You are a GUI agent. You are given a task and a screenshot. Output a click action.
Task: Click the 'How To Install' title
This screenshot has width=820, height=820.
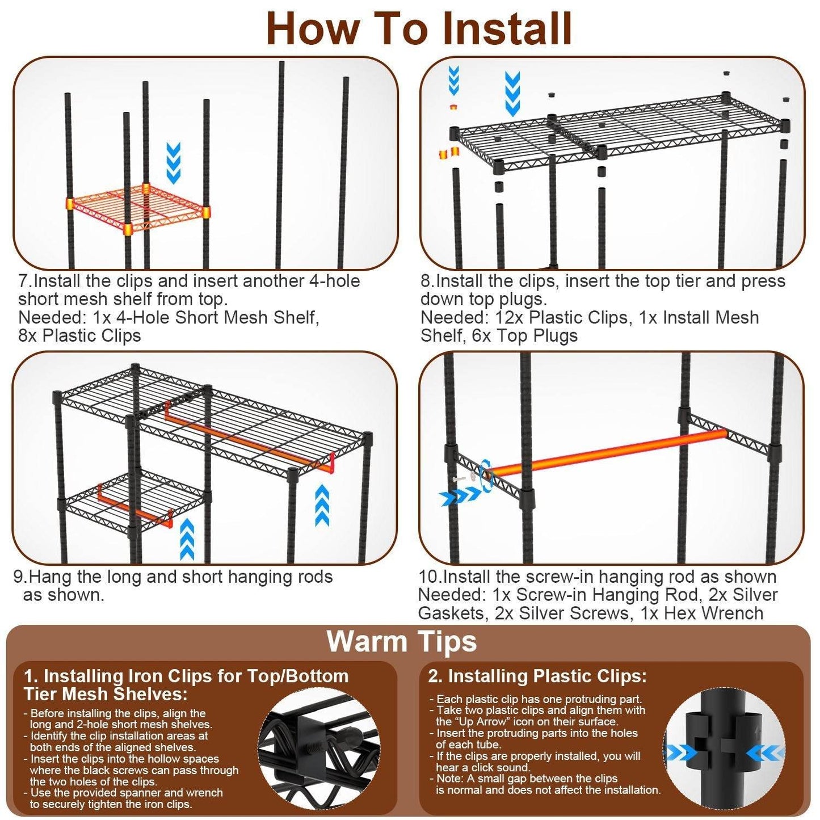tap(418, 28)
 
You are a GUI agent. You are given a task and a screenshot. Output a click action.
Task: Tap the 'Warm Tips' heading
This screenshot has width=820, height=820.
tap(402, 642)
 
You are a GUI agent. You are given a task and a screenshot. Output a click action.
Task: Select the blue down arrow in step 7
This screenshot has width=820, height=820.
tap(173, 162)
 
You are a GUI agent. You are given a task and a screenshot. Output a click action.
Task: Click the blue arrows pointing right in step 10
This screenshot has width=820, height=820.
tap(460, 497)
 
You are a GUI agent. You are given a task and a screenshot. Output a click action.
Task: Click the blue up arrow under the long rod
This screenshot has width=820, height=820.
tap(322, 504)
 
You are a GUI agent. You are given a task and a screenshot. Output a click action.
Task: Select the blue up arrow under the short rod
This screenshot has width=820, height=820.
tap(187, 539)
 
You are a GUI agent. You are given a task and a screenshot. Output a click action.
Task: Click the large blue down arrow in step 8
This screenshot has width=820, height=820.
tap(512, 93)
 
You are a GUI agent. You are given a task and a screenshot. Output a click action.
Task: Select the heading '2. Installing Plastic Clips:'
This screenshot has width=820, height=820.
tap(537, 676)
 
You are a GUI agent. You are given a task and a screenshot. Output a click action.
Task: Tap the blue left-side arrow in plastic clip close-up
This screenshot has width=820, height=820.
tap(681, 754)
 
